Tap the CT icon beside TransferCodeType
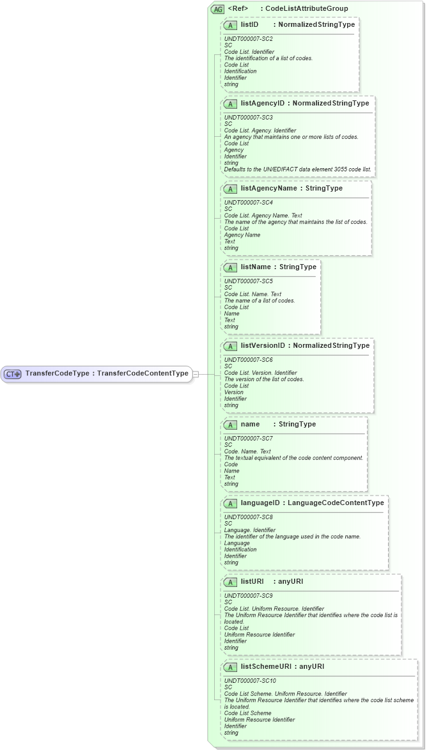[x=13, y=374]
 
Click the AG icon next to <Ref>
[x=217, y=9]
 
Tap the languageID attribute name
[x=260, y=503]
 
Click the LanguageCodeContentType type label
[x=336, y=503]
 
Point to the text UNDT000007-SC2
[x=249, y=39]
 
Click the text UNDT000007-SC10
[x=250, y=681]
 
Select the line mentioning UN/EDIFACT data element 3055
[x=297, y=169]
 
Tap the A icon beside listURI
[x=230, y=582]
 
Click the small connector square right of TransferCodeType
[x=196, y=374]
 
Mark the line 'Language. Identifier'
[x=250, y=530]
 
